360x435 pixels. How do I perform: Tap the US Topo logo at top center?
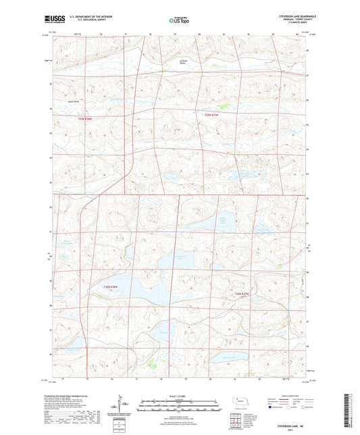179,21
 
